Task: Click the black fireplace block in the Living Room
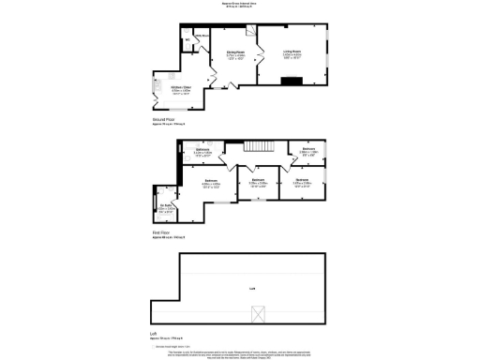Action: (292, 81)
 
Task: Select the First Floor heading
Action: (161, 232)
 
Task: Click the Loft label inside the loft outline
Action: (252, 288)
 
